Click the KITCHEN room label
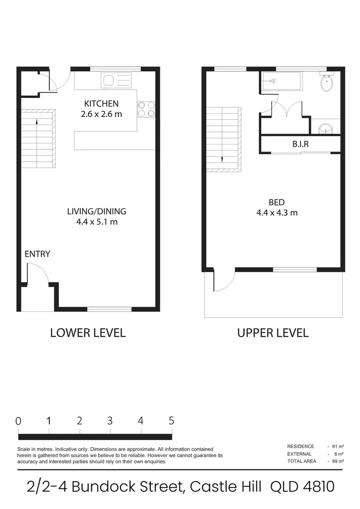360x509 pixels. [x=101, y=104]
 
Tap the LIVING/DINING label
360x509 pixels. [x=96, y=211]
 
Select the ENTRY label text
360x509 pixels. [x=37, y=254]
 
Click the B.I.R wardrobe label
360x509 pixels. [x=300, y=143]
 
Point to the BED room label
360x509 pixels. [x=276, y=202]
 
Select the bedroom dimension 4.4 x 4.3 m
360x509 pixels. [x=276, y=213]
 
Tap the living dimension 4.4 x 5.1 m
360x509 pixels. [x=96, y=222]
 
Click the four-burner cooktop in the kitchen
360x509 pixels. [x=146, y=110]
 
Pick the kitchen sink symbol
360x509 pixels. [x=116, y=80]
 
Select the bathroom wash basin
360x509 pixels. [x=325, y=129]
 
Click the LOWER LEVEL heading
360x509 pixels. [x=88, y=332]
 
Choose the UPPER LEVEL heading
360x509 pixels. [x=273, y=332]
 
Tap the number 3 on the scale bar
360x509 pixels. [x=110, y=421]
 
